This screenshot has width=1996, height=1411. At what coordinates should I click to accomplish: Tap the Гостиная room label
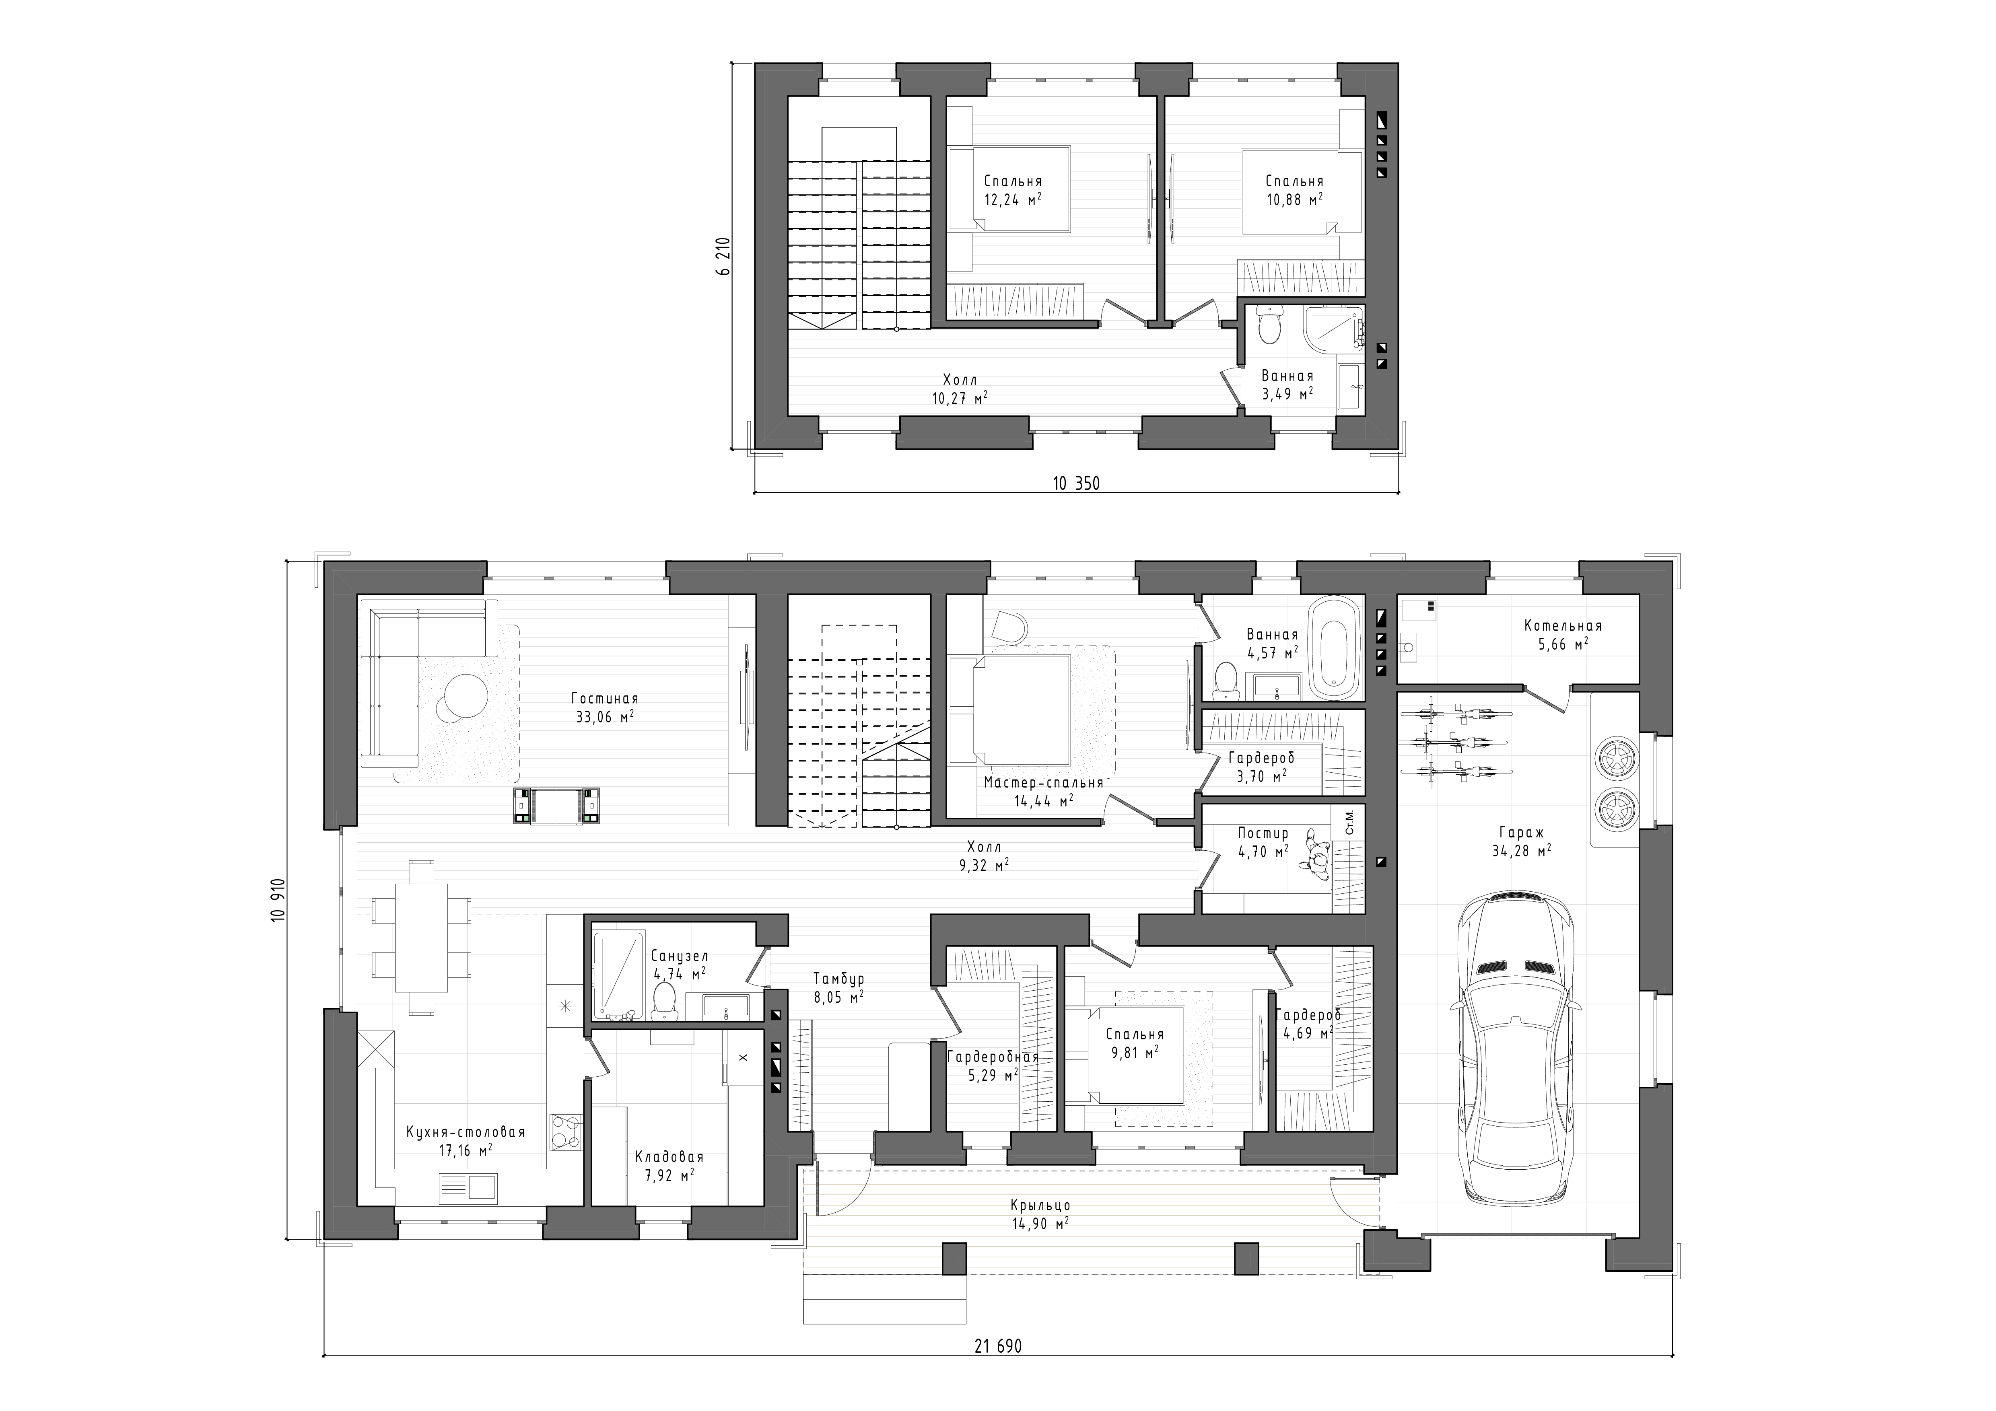pos(605,699)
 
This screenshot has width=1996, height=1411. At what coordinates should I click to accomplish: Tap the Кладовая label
pos(669,1157)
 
